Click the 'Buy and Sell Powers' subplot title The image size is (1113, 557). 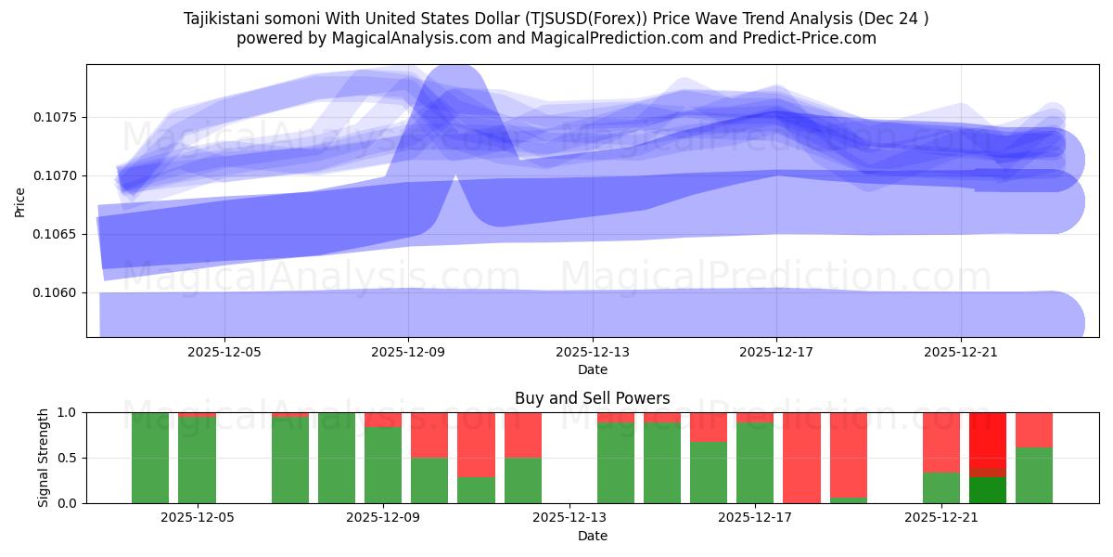pyautogui.click(x=592, y=398)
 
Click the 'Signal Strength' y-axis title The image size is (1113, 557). pyautogui.click(x=44, y=458)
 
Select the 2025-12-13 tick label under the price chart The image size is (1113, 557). pyautogui.click(x=593, y=353)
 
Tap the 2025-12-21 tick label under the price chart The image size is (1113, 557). pyautogui.click(x=961, y=353)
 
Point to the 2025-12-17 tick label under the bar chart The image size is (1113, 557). pyautogui.click(x=755, y=518)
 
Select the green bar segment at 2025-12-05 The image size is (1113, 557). pyautogui.click(x=197, y=460)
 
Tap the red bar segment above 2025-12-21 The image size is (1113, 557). pyautogui.click(x=941, y=442)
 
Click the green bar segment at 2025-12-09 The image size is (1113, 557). pyautogui.click(x=383, y=465)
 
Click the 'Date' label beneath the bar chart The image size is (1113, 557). pyautogui.click(x=592, y=536)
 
